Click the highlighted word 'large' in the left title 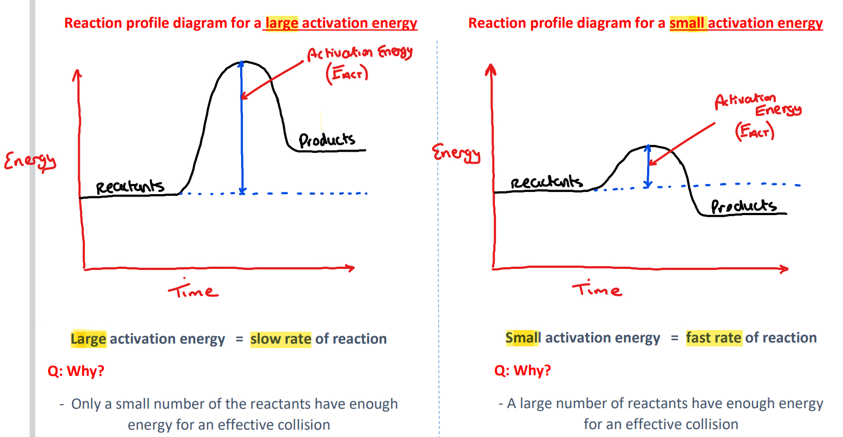click(281, 23)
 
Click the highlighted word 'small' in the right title click(688, 23)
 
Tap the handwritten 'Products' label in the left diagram click(327, 139)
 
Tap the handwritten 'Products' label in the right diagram click(743, 206)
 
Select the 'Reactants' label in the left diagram click(130, 186)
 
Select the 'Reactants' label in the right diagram click(546, 182)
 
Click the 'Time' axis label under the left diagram click(192, 290)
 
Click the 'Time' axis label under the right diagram click(596, 289)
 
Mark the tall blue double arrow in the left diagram click(242, 127)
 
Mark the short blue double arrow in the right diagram click(648, 166)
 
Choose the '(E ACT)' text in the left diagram click(346, 74)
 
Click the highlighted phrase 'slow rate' click(280, 339)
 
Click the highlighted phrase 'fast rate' click(713, 338)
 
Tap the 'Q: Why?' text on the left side click(76, 371)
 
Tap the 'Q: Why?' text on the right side click(522, 371)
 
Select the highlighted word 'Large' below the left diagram click(88, 339)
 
